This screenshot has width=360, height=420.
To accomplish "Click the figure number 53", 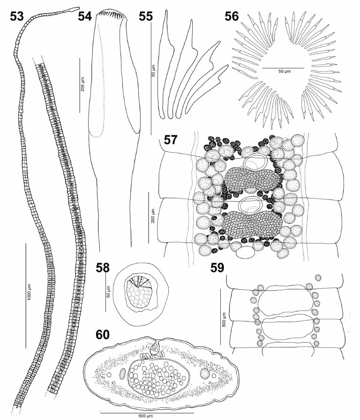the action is pos(17,16).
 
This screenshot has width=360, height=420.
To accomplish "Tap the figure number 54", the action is pos(85,16).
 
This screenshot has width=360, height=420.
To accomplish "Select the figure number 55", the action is pos(146,16).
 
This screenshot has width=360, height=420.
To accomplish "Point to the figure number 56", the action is pos(232,16).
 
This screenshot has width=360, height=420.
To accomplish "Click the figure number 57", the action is pos(171,140).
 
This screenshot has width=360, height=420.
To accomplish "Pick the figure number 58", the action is pos(103,267).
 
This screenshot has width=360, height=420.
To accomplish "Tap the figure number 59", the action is pos(217,267).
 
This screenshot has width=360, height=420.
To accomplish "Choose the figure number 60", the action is pos(103,335).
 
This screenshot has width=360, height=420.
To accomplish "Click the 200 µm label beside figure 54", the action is pos(82,84).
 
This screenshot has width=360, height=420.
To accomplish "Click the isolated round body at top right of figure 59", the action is pos(318,278).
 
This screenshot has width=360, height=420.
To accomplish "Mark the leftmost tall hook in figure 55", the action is pos(163,64).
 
